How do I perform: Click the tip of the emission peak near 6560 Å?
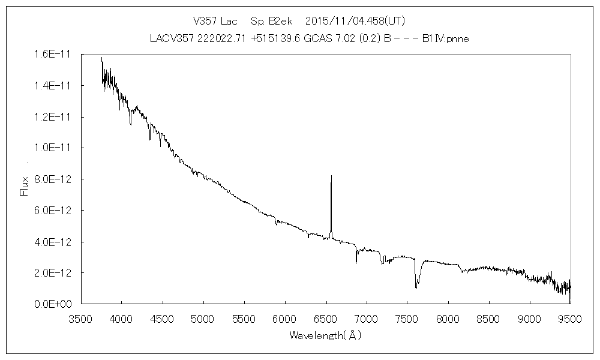(x=331, y=176)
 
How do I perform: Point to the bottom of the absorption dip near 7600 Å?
(x=416, y=288)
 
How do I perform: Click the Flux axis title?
(x=24, y=185)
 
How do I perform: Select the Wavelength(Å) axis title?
(x=325, y=335)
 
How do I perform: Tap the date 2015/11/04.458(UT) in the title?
(x=355, y=22)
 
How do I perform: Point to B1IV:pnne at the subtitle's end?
(x=446, y=38)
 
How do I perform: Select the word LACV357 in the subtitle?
(x=168, y=38)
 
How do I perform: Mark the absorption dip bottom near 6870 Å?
(x=356, y=263)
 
